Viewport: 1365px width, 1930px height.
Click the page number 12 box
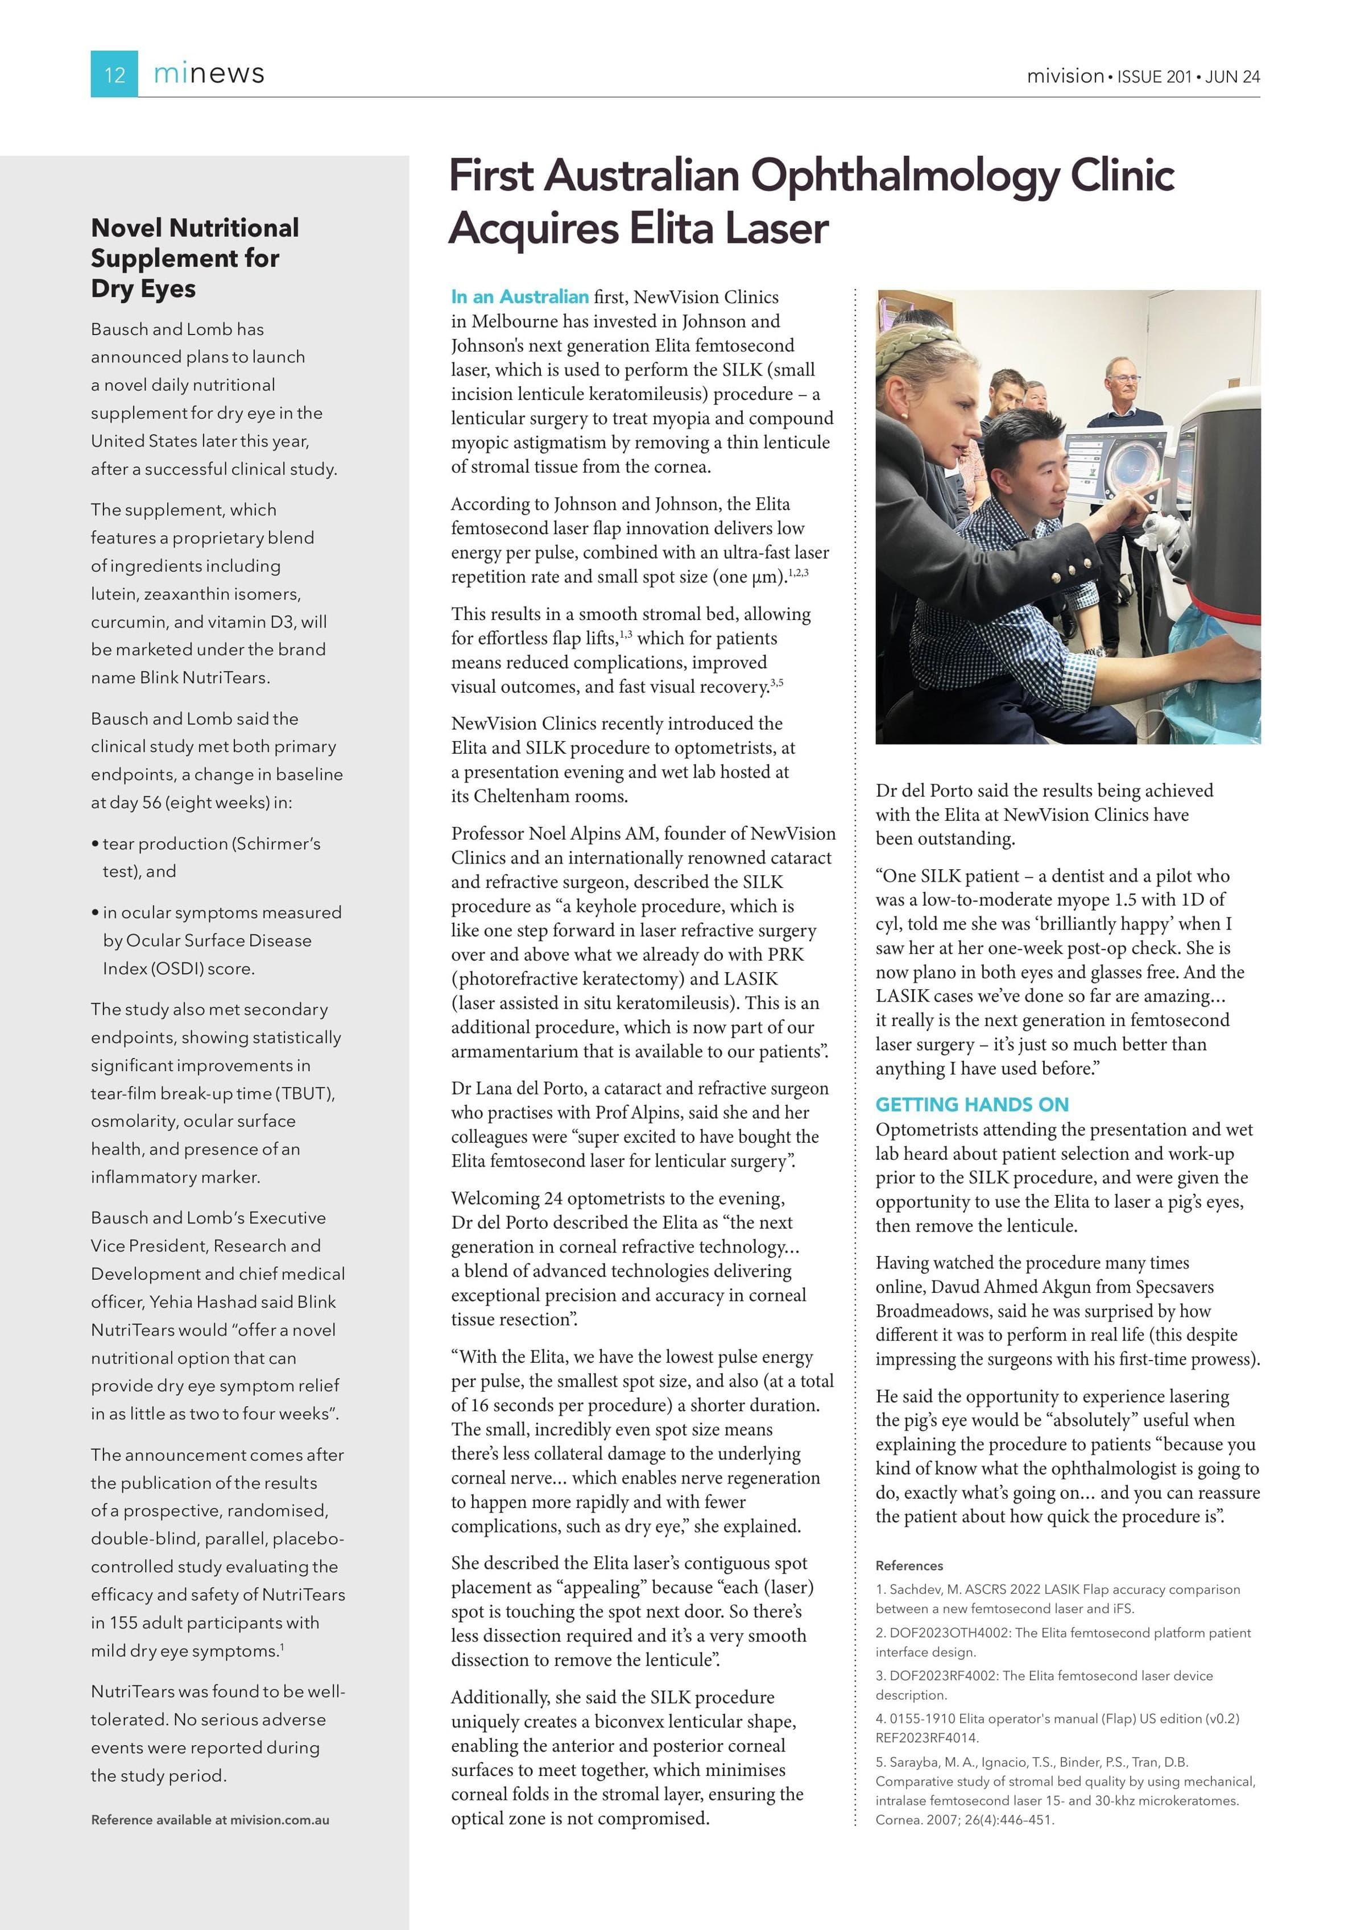point(114,74)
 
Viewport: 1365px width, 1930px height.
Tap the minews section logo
point(209,74)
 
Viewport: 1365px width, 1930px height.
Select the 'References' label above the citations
point(909,1565)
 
